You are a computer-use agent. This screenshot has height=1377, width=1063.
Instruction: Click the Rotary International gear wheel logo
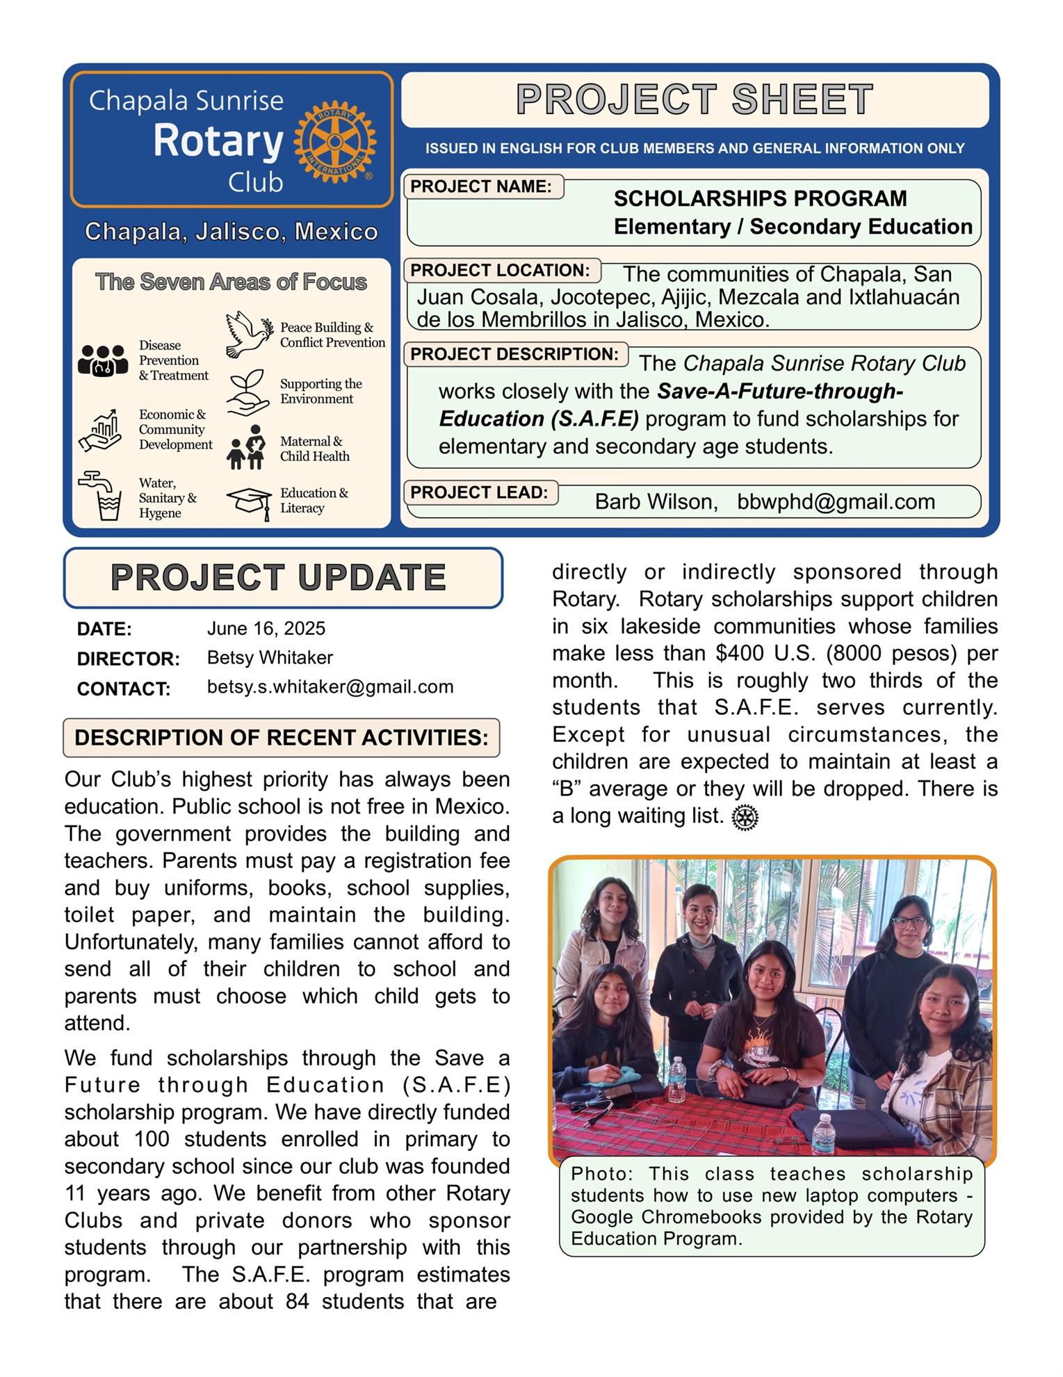coord(335,141)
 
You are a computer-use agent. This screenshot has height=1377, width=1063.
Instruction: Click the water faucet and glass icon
coord(102,495)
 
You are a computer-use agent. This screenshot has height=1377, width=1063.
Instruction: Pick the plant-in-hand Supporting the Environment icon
coord(248,392)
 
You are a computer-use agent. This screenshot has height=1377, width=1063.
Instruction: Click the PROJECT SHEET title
coord(695,99)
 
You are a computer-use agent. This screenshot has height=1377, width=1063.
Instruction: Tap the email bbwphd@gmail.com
coord(836,502)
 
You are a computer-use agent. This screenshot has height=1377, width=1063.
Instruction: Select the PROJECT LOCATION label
coord(500,271)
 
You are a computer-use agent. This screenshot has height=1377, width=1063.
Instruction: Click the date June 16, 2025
coord(266,629)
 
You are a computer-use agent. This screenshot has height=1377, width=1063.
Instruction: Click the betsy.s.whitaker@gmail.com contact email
coord(330,687)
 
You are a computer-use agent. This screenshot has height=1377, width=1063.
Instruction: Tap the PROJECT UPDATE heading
coord(278,578)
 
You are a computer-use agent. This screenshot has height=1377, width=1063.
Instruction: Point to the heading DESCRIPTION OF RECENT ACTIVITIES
coord(282,737)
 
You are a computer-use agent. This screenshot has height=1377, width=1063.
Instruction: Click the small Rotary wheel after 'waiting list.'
coord(745,817)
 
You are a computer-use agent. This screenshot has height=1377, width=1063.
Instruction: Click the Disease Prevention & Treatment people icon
coord(103,360)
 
